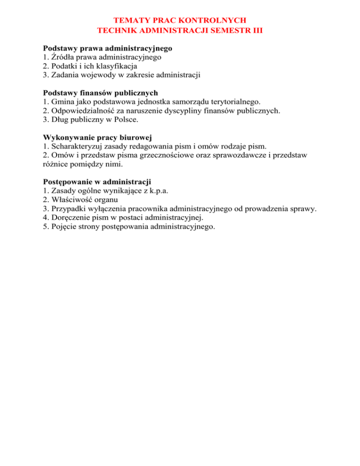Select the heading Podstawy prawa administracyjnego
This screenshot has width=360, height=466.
pos(108,48)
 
